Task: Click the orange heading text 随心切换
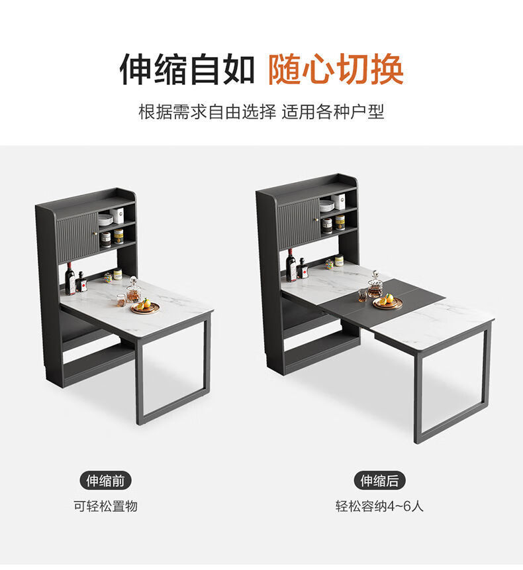click(x=336, y=69)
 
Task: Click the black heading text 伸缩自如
click(x=187, y=69)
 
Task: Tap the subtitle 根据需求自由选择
click(x=207, y=111)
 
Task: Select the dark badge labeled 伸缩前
click(x=105, y=481)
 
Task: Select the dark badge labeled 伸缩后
click(x=379, y=481)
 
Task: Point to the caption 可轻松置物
click(x=105, y=506)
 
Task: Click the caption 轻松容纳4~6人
click(x=379, y=506)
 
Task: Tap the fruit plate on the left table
click(x=145, y=308)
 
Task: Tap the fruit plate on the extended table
click(x=387, y=302)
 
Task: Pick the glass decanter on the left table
click(x=133, y=290)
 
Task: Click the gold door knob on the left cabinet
click(x=96, y=233)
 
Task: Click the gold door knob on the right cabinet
click(x=316, y=219)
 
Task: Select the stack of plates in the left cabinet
click(x=105, y=220)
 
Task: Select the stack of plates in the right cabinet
click(x=326, y=206)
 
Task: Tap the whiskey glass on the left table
click(x=121, y=300)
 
